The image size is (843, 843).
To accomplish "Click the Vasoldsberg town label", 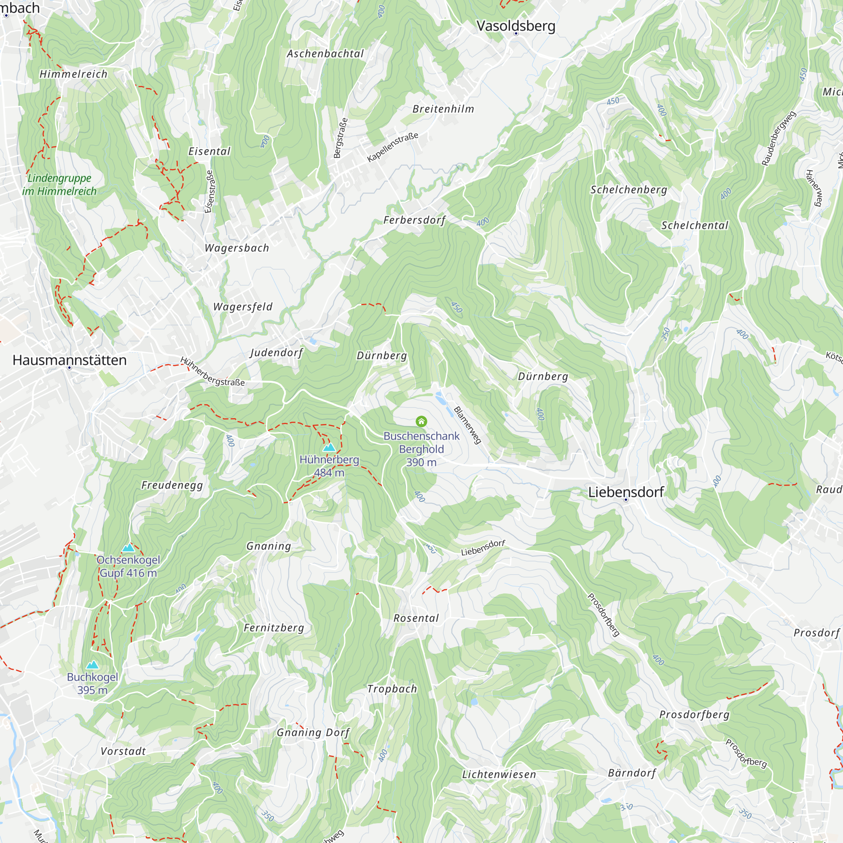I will click(x=516, y=26).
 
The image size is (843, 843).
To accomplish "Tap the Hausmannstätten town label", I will click(x=70, y=360).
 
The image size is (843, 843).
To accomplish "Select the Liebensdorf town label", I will click(x=626, y=492).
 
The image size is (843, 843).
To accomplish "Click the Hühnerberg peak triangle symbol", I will click(x=330, y=447).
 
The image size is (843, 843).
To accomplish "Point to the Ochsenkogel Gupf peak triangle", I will click(x=128, y=548).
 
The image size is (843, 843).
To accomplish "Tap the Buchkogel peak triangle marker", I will click(x=92, y=665).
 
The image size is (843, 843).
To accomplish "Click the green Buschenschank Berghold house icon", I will click(x=421, y=421).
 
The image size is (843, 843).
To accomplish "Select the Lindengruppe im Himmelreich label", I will click(x=59, y=185).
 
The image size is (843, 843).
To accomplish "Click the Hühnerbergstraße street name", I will click(x=212, y=372).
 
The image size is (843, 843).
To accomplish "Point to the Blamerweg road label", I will click(x=468, y=425).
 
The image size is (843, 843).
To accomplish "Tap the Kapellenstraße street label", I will click(x=393, y=147).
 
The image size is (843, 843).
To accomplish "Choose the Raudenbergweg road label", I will click(x=779, y=138).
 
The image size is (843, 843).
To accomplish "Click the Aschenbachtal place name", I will click(x=325, y=54).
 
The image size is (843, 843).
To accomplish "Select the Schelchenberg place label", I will click(x=629, y=189).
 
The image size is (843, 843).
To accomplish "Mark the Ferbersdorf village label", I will click(x=414, y=220).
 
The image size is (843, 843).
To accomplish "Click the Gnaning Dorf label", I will click(x=313, y=733).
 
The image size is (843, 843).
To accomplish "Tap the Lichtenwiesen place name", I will click(x=499, y=774).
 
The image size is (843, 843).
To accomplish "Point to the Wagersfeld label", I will click(x=243, y=307).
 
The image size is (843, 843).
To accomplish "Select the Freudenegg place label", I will click(x=172, y=485).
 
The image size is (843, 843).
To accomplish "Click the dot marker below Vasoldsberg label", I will click(x=516, y=33).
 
